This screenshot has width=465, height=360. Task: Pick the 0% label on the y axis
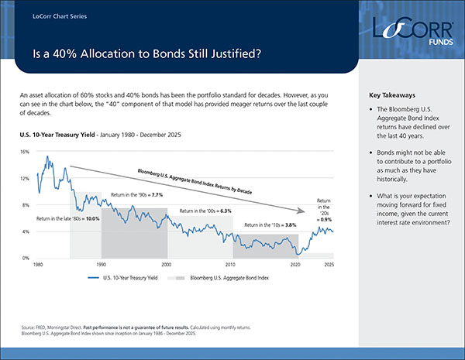[x=26, y=258]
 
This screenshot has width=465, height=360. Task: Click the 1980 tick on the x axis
[x=37, y=265]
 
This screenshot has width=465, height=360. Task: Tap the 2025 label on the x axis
[x=329, y=265]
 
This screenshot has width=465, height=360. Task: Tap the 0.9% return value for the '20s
[x=327, y=219]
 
